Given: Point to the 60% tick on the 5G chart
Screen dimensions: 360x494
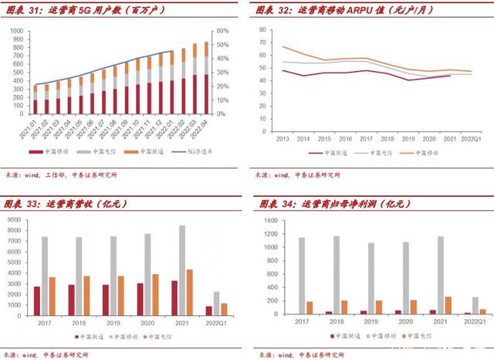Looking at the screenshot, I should [x=222, y=32].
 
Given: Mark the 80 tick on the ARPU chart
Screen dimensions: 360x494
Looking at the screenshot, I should [x=263, y=30].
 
